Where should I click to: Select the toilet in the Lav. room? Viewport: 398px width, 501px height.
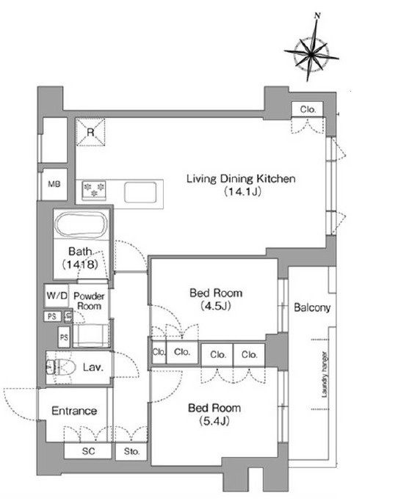click(x=60, y=367)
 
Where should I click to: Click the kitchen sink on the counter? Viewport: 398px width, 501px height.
click(x=140, y=192)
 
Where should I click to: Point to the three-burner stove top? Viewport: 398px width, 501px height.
click(x=94, y=190)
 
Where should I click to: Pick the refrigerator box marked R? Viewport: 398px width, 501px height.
click(x=90, y=132)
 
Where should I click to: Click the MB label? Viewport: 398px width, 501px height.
click(x=54, y=184)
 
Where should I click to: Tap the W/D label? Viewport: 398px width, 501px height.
click(x=57, y=295)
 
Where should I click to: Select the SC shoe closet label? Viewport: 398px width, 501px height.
click(x=88, y=451)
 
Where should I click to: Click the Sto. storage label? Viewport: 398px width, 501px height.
click(x=132, y=451)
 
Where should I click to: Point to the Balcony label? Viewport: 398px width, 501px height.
click(x=312, y=307)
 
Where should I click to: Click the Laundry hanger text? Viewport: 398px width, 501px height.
click(x=325, y=375)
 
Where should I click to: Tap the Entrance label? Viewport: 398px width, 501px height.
click(x=74, y=411)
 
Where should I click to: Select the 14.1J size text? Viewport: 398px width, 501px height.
click(x=243, y=191)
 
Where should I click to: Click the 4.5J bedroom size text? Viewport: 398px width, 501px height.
click(x=216, y=306)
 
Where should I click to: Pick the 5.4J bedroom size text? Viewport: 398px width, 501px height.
click(x=214, y=422)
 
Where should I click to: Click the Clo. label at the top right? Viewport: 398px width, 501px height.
click(x=308, y=109)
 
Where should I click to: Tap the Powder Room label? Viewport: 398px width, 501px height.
click(x=89, y=301)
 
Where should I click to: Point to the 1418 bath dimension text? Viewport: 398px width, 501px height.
click(x=80, y=264)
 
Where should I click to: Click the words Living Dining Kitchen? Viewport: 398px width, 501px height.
click(x=241, y=178)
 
